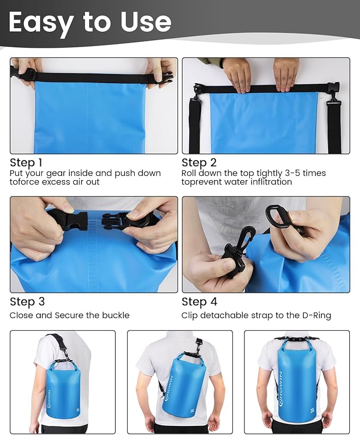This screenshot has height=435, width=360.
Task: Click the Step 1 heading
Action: [x=26, y=163]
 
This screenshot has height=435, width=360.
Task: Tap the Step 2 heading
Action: [x=199, y=163]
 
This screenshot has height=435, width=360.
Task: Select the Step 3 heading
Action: [x=27, y=301]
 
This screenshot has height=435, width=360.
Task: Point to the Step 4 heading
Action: [x=199, y=301]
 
